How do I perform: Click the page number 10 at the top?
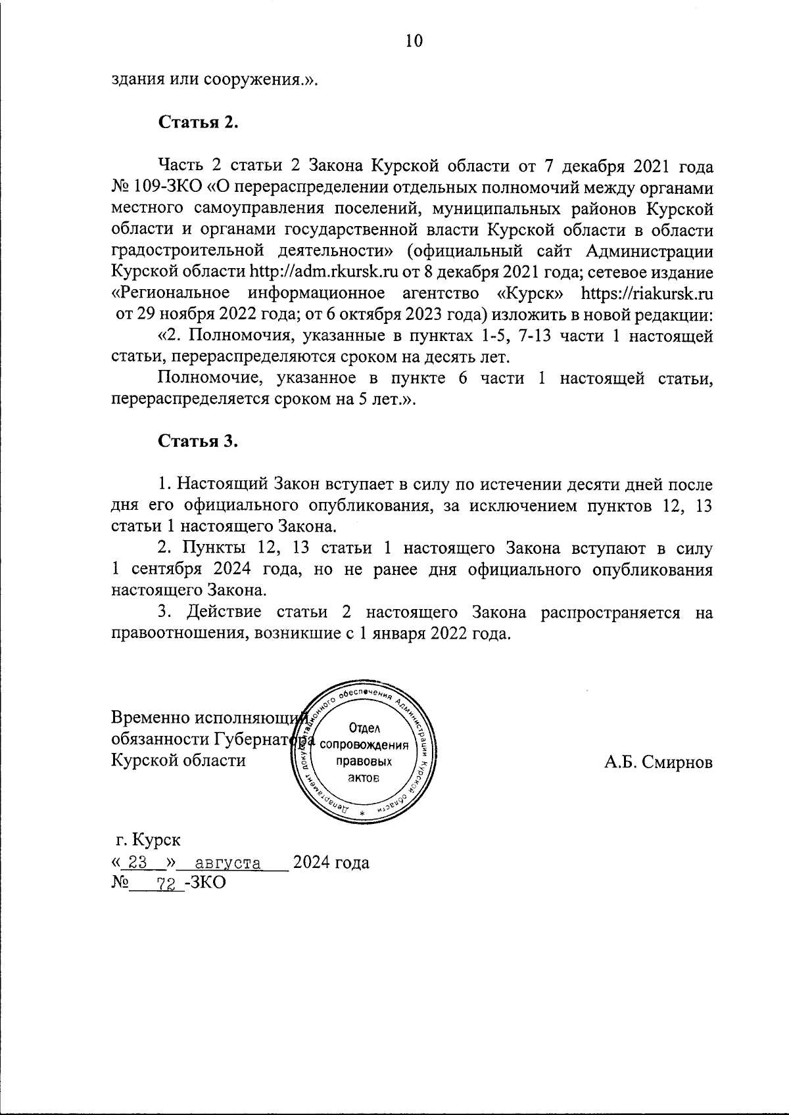pyautogui.click(x=414, y=41)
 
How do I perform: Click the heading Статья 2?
pyautogui.click(x=197, y=123)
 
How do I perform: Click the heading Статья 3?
pyautogui.click(x=197, y=442)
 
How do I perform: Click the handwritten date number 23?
pyautogui.click(x=136, y=863)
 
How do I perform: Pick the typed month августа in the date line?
pyautogui.click(x=224, y=863)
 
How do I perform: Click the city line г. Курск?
pyautogui.click(x=148, y=840)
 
